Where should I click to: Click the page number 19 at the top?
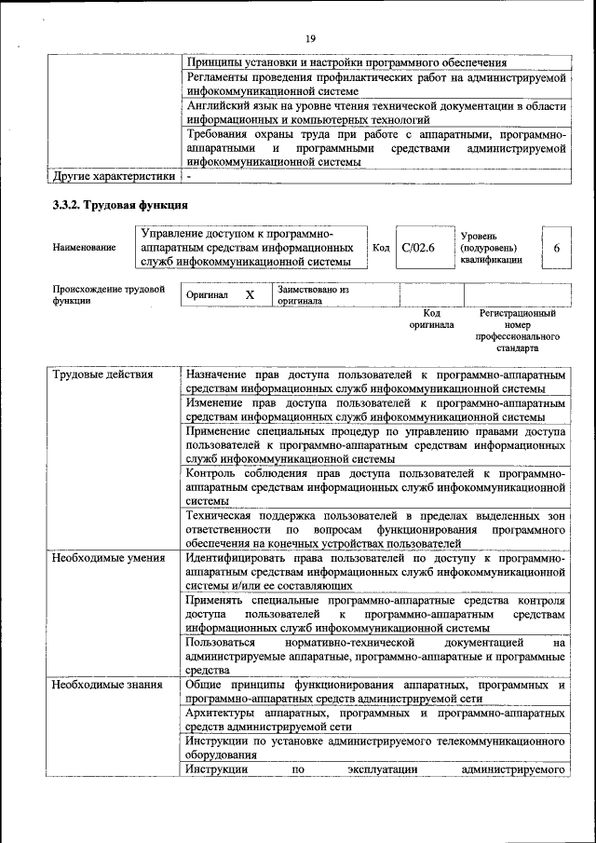tap(311, 37)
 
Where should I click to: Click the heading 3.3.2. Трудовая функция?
tap(121, 203)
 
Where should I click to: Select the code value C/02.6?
tap(418, 248)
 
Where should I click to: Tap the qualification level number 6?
tap(556, 248)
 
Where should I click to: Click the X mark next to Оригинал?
tap(250, 294)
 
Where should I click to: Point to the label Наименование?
tap(85, 248)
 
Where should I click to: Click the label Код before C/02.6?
tap(381, 248)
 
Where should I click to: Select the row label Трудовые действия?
tap(90, 375)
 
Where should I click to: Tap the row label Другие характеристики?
tap(114, 175)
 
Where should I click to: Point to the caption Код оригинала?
tap(431, 320)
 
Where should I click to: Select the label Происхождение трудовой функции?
tap(109, 295)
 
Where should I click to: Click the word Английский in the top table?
tap(218, 106)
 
